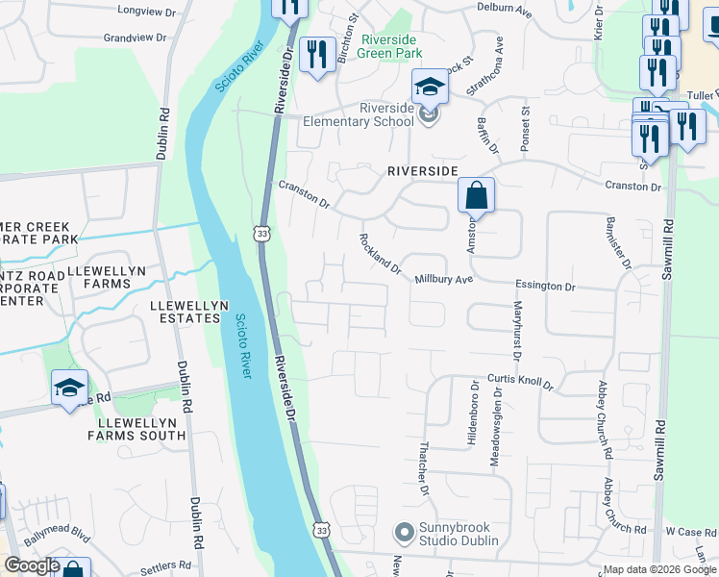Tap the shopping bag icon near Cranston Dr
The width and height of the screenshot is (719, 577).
(x=476, y=196)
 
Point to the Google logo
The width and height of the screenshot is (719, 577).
(x=32, y=565)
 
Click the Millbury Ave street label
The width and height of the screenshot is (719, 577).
(x=444, y=280)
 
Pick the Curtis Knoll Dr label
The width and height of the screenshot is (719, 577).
(x=520, y=381)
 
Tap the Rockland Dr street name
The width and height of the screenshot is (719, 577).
(x=380, y=254)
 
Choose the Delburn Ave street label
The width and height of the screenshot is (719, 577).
(x=505, y=9)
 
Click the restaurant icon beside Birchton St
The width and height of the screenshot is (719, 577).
(x=316, y=54)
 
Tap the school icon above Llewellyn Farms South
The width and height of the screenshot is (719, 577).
(x=69, y=389)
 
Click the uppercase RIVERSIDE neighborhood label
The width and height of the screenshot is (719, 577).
(x=422, y=170)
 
